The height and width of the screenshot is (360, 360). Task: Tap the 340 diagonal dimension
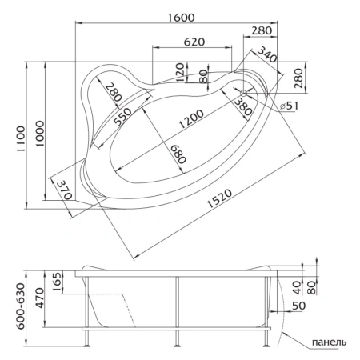[x=269, y=58]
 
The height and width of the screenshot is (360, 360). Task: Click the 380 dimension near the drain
[x=245, y=102]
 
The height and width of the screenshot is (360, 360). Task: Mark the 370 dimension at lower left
[x=66, y=190]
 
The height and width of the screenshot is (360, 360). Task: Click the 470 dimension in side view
[x=58, y=310]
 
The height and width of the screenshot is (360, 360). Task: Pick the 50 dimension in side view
[x=298, y=306]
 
